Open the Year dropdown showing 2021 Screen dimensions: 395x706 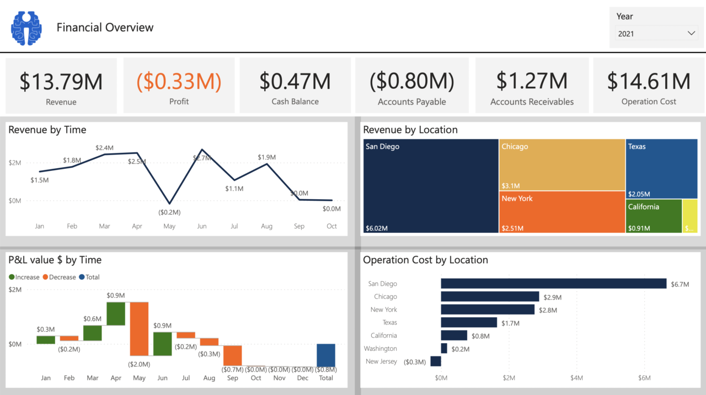pos(656,34)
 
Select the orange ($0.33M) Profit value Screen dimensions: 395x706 pos(179,81)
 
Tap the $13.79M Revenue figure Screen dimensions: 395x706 pos(61,81)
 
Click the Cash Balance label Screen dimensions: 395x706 pos(295,102)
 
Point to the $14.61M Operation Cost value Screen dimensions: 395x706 pos(649,81)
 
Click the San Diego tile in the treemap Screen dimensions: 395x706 pos(431,186)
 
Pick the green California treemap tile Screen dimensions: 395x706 pos(654,216)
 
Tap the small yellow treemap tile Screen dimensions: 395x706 pos(689,216)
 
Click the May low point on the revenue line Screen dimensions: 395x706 pos(169,204)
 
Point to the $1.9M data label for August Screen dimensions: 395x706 pos(266,157)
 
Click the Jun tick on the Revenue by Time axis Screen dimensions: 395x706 pos(202,226)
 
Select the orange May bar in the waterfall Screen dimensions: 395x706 pos(139,328)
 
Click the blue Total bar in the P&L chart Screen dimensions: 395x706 pos(326,355)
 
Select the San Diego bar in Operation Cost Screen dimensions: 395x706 pos(554,284)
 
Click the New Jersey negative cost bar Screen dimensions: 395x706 pos(436,361)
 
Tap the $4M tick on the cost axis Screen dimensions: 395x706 pos(576,378)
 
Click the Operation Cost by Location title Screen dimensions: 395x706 pos(425,260)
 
